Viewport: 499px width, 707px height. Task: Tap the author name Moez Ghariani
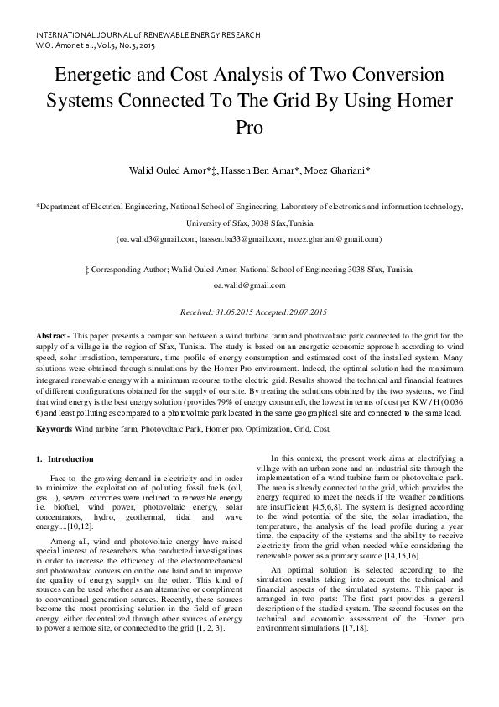[335, 170]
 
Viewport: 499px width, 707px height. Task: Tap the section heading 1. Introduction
[65, 459]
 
